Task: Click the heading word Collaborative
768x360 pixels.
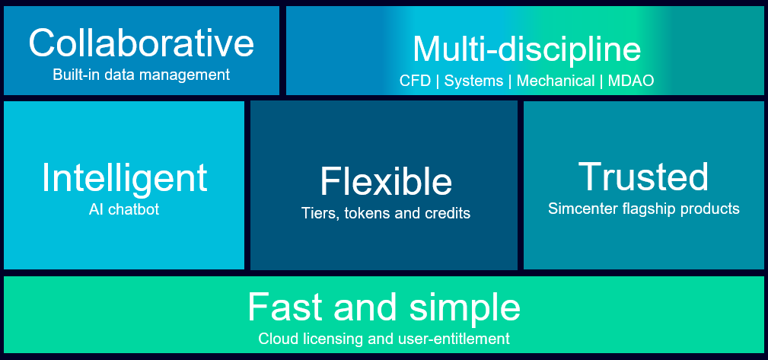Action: (x=141, y=43)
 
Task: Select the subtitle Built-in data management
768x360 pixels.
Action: (x=141, y=75)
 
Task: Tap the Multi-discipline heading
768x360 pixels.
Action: (x=526, y=49)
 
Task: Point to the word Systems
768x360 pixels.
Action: (x=473, y=81)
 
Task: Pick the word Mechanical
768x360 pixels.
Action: (x=556, y=81)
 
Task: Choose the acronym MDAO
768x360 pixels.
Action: (x=631, y=81)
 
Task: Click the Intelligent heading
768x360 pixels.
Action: (x=124, y=177)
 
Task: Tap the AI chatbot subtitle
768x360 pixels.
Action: (x=124, y=209)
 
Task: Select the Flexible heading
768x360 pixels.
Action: (x=386, y=182)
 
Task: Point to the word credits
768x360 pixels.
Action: (x=448, y=214)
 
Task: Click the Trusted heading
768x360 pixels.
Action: (x=643, y=176)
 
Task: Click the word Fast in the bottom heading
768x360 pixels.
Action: (x=281, y=307)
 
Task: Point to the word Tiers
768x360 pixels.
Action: (x=318, y=214)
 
